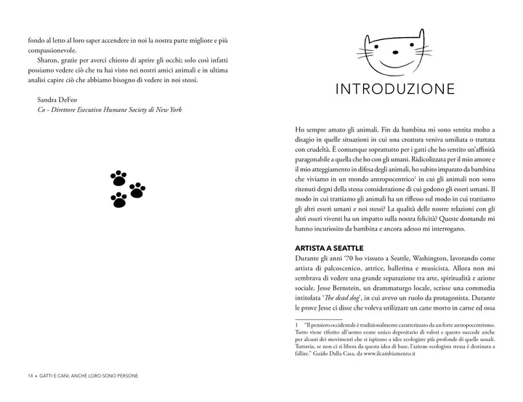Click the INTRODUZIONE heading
coord(394,89)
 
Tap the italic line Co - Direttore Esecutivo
coord(110,110)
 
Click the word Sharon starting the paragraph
coord(50,59)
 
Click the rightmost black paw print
coord(137,190)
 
